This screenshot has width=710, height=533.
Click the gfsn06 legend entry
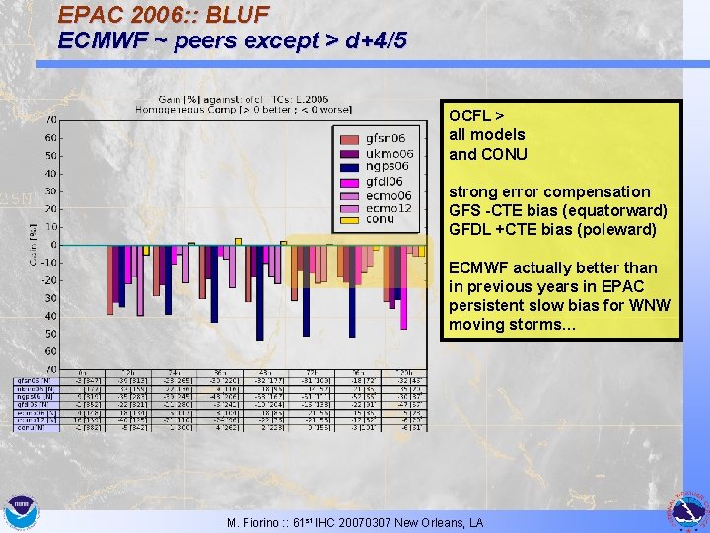386,137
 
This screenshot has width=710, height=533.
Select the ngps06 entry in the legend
386,166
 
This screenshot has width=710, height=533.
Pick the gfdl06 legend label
386,181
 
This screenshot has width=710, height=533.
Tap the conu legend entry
380,220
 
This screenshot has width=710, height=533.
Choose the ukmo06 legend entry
388,152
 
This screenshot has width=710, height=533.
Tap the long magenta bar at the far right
404,287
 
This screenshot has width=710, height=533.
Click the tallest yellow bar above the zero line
238,241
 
